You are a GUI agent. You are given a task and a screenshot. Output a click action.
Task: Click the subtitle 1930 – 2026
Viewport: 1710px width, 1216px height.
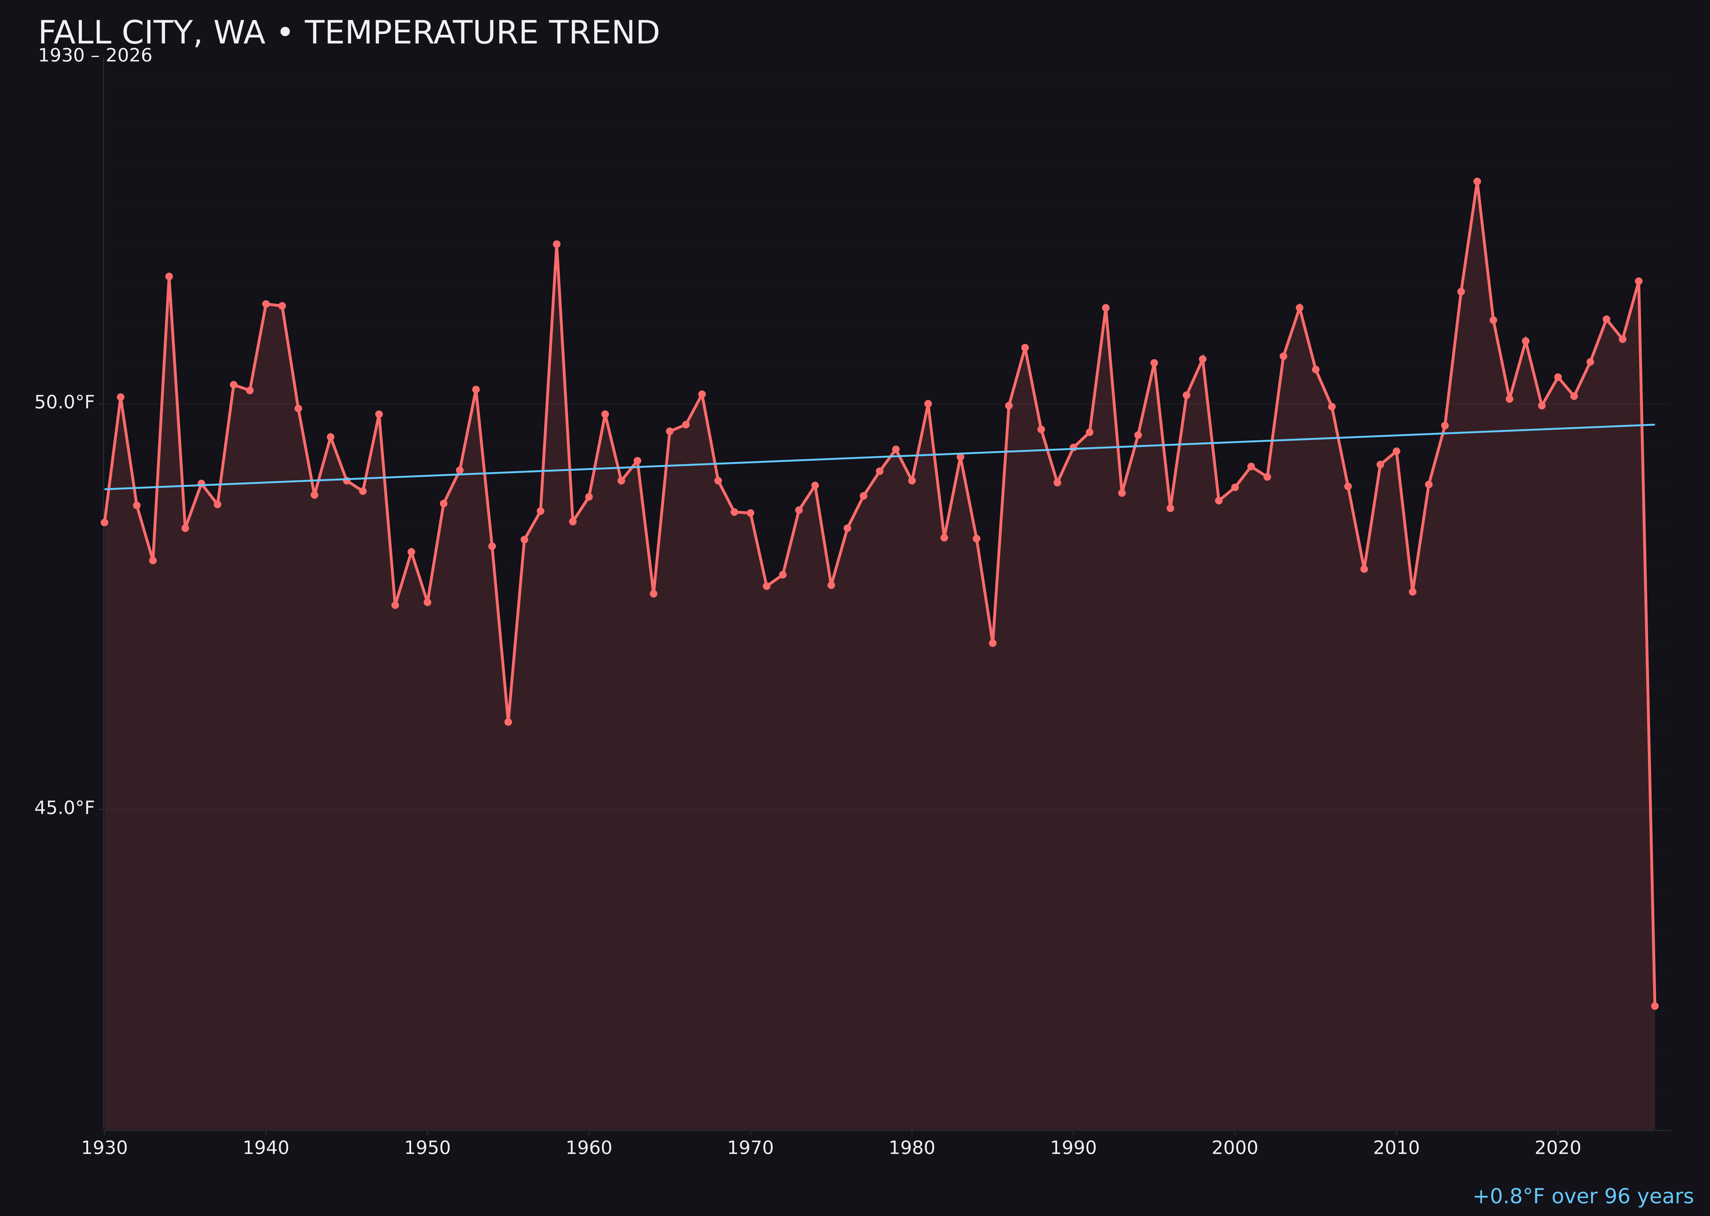point(95,56)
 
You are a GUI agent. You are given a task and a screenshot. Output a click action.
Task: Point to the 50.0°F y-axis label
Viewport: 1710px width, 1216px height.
point(65,403)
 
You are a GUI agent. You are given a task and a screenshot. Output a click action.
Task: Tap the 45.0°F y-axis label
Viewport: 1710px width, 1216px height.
point(65,808)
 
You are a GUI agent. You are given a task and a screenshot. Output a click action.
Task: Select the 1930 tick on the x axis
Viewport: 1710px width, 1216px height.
point(105,1148)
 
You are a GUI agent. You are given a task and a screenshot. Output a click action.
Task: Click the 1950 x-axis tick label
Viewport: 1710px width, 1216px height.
point(427,1148)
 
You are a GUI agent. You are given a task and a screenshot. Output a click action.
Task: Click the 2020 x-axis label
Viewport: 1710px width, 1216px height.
point(1558,1148)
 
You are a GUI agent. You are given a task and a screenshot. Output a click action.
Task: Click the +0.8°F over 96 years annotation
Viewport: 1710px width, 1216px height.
point(1583,1196)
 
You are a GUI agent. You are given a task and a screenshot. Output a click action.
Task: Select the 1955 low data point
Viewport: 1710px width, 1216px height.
point(508,722)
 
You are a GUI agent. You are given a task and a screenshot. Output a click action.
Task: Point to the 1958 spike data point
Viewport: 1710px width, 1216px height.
point(556,244)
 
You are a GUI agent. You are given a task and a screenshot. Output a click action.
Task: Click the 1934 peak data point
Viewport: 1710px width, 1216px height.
point(169,276)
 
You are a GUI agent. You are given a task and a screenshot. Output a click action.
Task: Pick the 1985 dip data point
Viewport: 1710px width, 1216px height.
point(993,643)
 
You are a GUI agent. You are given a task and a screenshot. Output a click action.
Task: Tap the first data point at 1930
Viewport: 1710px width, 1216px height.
point(105,522)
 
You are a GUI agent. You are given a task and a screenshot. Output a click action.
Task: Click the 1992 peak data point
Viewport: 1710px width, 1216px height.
point(1106,308)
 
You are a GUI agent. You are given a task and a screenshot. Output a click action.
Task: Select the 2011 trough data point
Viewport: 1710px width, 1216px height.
point(1413,591)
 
